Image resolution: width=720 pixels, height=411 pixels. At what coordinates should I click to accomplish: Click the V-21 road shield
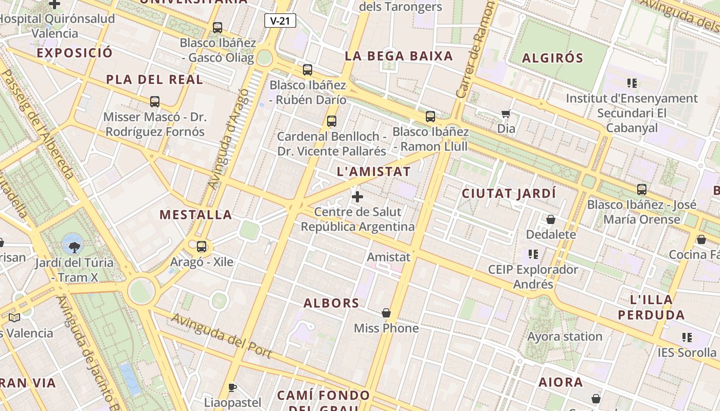(280, 21)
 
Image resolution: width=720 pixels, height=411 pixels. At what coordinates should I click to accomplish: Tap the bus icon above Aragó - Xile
(202, 247)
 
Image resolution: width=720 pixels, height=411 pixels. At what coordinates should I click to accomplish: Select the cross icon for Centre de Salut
(357, 196)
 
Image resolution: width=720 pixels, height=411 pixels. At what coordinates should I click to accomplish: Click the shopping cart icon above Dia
(506, 114)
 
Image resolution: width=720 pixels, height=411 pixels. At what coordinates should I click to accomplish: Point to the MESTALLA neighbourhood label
(195, 215)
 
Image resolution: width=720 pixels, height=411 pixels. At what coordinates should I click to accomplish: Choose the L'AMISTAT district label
(374, 172)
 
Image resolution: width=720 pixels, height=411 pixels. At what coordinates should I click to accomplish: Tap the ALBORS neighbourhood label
(331, 303)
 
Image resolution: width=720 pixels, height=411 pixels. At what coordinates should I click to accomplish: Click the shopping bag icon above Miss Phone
(386, 313)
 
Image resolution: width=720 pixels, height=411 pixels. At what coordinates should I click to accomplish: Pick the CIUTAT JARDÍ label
(509, 194)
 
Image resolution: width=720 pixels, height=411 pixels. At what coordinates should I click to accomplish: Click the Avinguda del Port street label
(221, 335)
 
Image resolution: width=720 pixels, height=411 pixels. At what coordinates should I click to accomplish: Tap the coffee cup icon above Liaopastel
(232, 387)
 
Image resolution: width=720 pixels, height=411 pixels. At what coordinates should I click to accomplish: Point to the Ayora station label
(565, 337)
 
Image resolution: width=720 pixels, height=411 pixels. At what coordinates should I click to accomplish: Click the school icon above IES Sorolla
(687, 338)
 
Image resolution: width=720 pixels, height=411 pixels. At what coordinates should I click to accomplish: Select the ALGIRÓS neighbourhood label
(552, 58)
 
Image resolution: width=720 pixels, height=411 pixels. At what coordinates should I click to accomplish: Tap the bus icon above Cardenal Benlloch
(332, 121)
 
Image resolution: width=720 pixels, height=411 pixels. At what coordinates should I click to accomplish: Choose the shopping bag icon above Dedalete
(551, 219)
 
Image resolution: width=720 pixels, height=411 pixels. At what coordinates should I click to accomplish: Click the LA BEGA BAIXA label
(399, 56)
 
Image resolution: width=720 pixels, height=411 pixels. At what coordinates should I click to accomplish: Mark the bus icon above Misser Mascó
(155, 102)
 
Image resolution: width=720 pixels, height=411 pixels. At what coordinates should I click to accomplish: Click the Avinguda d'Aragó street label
(228, 139)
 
